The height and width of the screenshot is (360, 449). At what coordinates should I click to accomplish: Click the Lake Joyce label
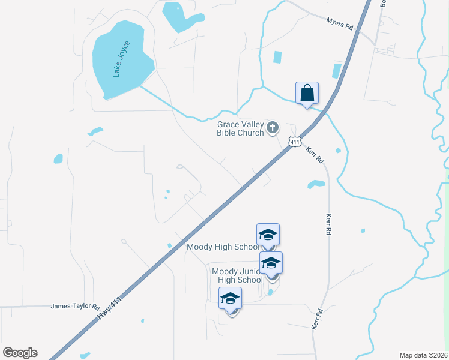click(x=122, y=59)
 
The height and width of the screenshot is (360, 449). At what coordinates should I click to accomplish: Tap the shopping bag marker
click(x=307, y=94)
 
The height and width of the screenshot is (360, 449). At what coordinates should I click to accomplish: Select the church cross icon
click(x=273, y=127)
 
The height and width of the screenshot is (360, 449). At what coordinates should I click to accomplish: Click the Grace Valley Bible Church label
click(x=240, y=129)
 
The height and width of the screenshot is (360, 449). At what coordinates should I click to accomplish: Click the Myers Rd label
click(x=339, y=23)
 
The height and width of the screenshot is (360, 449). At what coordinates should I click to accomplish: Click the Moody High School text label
click(x=224, y=247)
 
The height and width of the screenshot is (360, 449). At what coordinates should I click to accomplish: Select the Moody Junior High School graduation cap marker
click(x=271, y=263)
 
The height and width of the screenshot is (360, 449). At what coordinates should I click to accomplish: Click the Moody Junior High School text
click(x=238, y=275)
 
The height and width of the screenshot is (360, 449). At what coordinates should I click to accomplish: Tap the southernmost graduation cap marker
click(x=230, y=299)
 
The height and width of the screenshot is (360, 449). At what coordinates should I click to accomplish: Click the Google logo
click(x=20, y=353)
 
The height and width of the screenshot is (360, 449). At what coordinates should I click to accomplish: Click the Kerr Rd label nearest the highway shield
click(x=315, y=155)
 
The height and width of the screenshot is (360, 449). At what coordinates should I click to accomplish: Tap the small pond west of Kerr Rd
click(x=316, y=184)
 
